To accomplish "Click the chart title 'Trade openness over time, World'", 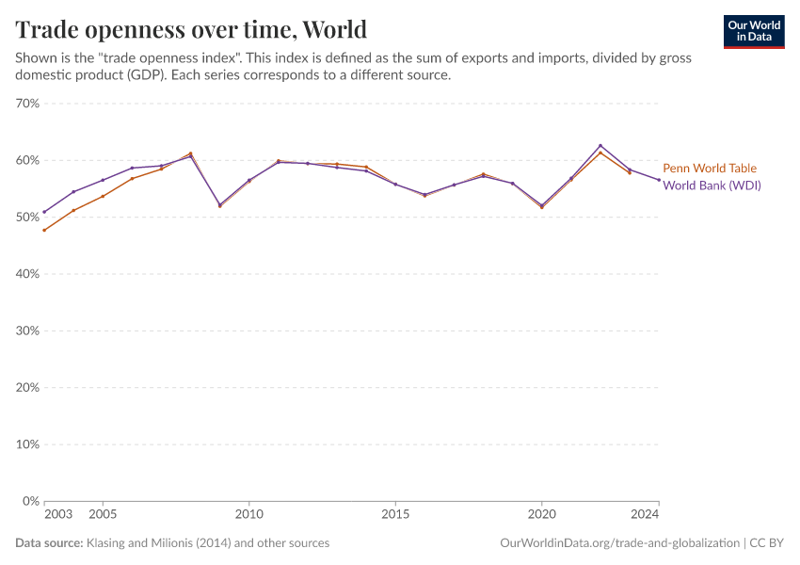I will [191, 28].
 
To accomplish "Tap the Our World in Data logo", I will [754, 31].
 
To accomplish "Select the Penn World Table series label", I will [709, 169].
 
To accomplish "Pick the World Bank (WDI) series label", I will [712, 186].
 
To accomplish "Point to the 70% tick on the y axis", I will [27, 104].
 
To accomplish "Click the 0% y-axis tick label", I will [30, 501].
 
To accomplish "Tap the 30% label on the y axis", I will [27, 331].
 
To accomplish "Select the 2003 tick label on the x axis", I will [57, 515].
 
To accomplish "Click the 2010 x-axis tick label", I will [248, 515].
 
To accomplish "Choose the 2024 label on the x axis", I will [645, 515].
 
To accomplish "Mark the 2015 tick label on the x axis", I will [395, 515].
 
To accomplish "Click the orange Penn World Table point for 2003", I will [44, 230].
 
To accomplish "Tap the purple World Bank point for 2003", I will [44, 212].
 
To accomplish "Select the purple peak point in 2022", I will [600, 146].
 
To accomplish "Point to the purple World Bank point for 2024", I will [659, 180].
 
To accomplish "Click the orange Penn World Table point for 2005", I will [103, 196].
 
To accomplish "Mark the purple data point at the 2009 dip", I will [219, 204].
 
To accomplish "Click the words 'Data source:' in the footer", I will [49, 543].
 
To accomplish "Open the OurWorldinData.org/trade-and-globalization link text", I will [620, 543].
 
